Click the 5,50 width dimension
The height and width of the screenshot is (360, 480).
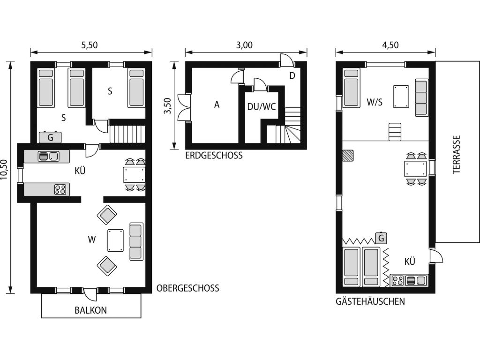[x=90, y=45]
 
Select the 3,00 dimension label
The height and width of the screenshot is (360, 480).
[x=244, y=45]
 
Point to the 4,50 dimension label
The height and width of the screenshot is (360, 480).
[x=390, y=45]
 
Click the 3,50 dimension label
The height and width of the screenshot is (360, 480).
[x=167, y=105]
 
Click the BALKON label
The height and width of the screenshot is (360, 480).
[x=90, y=310]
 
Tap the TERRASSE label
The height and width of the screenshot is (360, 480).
[x=457, y=155]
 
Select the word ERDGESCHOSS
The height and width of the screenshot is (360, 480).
[x=214, y=156]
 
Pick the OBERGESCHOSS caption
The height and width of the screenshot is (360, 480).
[x=187, y=288]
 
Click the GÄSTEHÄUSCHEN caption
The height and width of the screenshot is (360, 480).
[x=370, y=301]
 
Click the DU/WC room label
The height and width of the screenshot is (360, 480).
[x=262, y=106]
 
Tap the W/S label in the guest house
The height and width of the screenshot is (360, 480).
[x=375, y=102]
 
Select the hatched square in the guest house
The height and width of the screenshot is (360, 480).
[x=348, y=155]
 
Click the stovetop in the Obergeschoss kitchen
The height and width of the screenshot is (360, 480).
[x=60, y=189]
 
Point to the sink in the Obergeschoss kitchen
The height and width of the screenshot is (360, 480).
[x=48, y=157]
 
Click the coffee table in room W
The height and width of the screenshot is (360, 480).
[x=116, y=240]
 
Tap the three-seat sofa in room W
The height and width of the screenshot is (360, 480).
[x=136, y=241]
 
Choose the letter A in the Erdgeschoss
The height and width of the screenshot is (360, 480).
[x=217, y=105]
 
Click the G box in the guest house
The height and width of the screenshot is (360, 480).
[x=381, y=238]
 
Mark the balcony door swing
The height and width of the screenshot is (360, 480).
[x=90, y=294]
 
